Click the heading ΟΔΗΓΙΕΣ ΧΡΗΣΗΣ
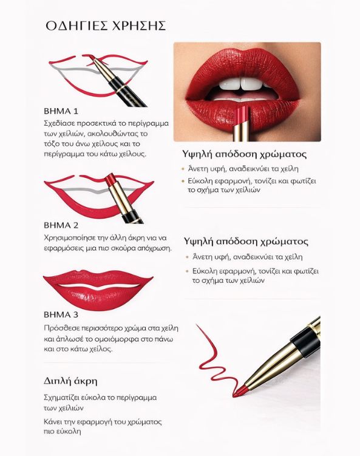(106, 26)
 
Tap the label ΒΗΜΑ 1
(61, 111)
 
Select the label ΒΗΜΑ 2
(61, 225)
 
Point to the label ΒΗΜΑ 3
(61, 315)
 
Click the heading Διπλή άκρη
(70, 381)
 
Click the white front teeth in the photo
(241, 84)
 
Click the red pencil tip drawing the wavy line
(239, 392)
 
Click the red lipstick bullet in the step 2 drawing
(110, 180)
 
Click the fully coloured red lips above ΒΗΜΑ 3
(98, 289)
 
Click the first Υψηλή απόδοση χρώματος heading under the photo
(244, 154)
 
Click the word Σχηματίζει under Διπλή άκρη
(62, 397)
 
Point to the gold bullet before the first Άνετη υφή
(183, 169)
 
